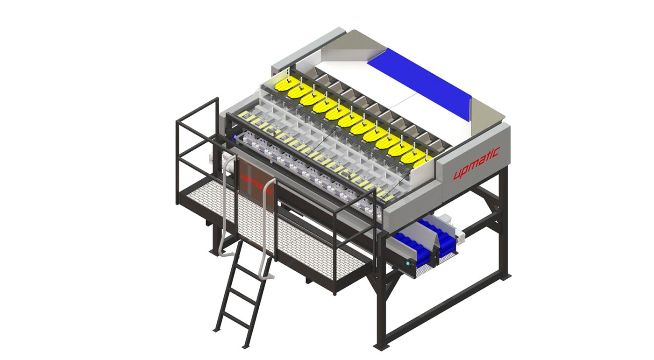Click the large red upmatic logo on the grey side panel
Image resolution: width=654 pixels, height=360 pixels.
coord(476,163)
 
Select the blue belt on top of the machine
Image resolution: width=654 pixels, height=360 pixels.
coord(419,83)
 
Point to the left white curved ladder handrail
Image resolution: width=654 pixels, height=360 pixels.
coord(225,204)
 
